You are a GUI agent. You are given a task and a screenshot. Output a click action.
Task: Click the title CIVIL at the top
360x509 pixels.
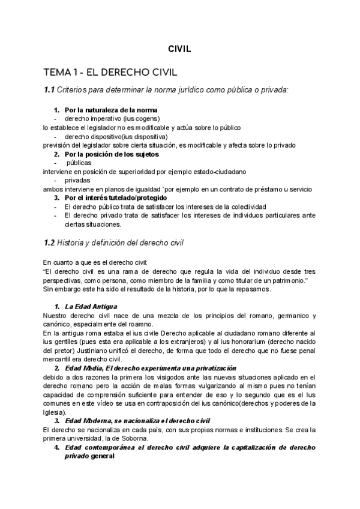[179, 50]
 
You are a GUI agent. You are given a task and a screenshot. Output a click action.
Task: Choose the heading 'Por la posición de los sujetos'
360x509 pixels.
[112, 154]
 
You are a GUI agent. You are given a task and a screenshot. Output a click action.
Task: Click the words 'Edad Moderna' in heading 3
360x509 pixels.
[90, 421]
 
